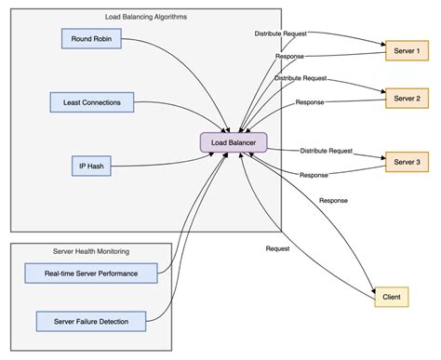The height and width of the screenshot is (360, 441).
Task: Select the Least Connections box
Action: (92, 101)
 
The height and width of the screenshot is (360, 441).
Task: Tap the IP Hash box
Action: (91, 166)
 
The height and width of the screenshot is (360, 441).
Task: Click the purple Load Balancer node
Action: (234, 142)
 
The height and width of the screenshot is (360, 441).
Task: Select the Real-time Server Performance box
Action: (92, 273)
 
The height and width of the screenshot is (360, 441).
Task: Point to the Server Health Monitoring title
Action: (91, 252)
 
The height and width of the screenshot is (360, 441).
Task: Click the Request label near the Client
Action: (278, 249)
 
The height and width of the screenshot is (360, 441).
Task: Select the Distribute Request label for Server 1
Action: (282, 34)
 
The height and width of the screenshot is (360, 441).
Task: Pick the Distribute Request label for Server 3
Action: (326, 150)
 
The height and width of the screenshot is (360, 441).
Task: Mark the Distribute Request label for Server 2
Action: (301, 78)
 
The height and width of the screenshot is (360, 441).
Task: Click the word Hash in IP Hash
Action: (98, 166)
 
